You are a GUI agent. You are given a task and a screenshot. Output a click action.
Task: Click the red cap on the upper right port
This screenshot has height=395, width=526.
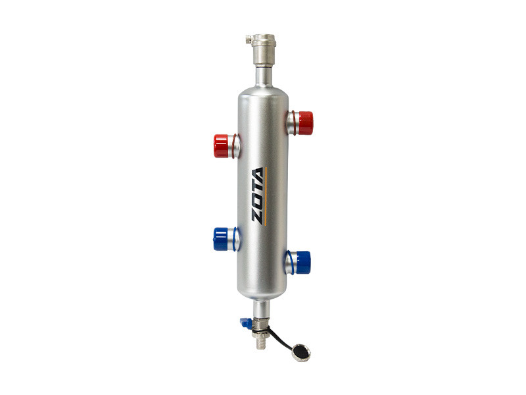(305, 123)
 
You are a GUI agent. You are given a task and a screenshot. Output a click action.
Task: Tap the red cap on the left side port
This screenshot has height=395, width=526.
(221, 146)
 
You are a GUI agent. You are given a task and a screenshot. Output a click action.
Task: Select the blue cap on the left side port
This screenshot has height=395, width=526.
(220, 239)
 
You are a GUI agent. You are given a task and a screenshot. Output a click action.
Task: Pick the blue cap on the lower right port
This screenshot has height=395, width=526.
(303, 262)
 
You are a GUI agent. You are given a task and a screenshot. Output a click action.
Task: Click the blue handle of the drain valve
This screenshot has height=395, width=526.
(246, 323)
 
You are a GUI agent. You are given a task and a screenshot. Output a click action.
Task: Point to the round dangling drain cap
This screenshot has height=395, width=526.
(301, 353)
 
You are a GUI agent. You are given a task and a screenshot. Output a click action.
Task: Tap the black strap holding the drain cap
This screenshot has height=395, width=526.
(281, 338)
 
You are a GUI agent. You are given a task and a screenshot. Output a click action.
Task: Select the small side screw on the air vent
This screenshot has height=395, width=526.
(249, 39)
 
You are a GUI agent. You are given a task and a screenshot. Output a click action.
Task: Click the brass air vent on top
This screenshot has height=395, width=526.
(264, 50)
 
